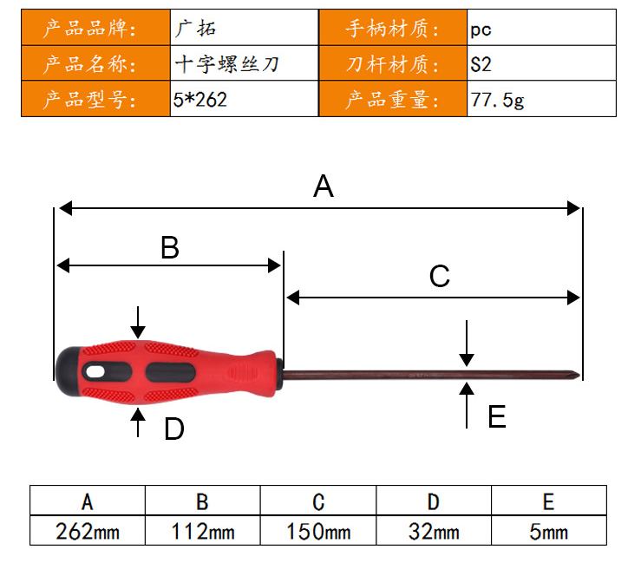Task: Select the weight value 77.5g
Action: click(x=497, y=100)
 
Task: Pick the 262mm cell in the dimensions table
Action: click(x=88, y=532)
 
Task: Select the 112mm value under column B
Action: click(x=203, y=532)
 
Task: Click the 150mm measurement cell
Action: click(x=318, y=532)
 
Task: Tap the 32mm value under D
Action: click(x=434, y=532)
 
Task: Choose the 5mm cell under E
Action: click(x=548, y=532)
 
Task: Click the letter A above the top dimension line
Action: click(x=324, y=187)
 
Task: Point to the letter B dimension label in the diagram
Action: click(x=170, y=247)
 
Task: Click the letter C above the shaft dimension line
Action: click(x=440, y=276)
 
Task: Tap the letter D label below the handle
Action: click(x=174, y=429)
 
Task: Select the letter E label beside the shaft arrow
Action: click(x=497, y=416)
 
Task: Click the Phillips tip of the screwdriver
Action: click(x=575, y=375)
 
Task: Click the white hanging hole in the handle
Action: click(x=95, y=371)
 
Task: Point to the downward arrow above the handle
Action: click(x=138, y=322)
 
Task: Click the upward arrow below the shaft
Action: click(x=467, y=405)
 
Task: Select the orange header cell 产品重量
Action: click(x=392, y=99)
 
